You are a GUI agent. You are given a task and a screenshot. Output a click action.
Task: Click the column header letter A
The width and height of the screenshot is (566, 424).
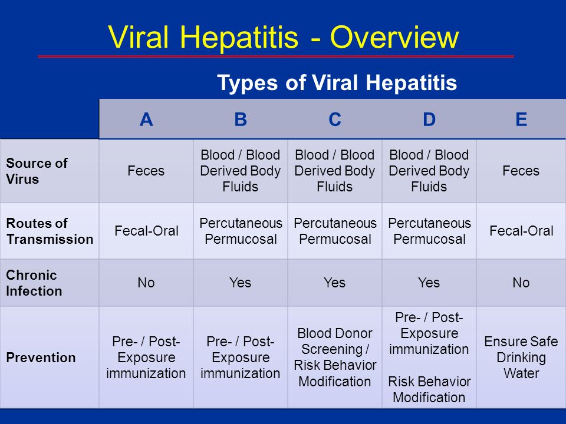tap(146, 120)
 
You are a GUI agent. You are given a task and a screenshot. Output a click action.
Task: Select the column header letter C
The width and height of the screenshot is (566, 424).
tap(335, 120)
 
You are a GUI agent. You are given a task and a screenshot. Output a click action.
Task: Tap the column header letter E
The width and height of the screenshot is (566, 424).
tap(521, 120)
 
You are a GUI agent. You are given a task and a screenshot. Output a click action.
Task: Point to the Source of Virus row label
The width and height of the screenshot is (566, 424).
tap(37, 171)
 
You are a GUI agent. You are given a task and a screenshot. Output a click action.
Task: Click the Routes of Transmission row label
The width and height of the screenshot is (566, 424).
tap(50, 231)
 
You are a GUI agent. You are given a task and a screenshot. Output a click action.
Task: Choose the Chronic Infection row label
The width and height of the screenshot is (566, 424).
tap(34, 283)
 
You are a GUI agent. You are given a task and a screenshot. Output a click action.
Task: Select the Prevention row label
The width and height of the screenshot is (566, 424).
tap(41, 357)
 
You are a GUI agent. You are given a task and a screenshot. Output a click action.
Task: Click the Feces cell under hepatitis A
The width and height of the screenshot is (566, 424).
tap(146, 171)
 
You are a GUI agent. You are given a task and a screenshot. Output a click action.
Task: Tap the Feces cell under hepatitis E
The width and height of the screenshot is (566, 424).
tap(521, 171)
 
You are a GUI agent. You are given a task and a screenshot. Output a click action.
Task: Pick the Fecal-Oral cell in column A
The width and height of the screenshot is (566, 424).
tap(146, 231)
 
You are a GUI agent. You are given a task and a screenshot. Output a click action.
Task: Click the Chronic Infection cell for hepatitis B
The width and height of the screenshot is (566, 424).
tap(241, 283)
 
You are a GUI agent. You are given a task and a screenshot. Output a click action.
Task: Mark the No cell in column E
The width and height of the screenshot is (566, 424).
tap(521, 283)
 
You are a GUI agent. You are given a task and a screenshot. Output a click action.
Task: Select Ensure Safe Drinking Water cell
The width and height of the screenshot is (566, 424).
tap(521, 357)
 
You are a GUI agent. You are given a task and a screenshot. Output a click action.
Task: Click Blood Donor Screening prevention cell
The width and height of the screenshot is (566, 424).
tap(335, 357)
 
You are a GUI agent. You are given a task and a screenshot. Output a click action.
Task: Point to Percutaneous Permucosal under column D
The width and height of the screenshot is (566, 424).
tap(429, 231)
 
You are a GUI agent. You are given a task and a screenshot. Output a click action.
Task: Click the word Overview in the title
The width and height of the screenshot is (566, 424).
tap(394, 37)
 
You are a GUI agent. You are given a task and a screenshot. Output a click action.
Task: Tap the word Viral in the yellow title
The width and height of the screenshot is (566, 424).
tap(138, 37)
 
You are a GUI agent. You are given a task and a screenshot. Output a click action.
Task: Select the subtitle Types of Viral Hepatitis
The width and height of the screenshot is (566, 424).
tap(337, 82)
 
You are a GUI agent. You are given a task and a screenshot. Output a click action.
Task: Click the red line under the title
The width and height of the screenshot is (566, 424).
tap(276, 57)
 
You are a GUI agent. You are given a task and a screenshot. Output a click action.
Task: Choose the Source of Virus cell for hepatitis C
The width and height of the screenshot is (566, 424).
tap(335, 171)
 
